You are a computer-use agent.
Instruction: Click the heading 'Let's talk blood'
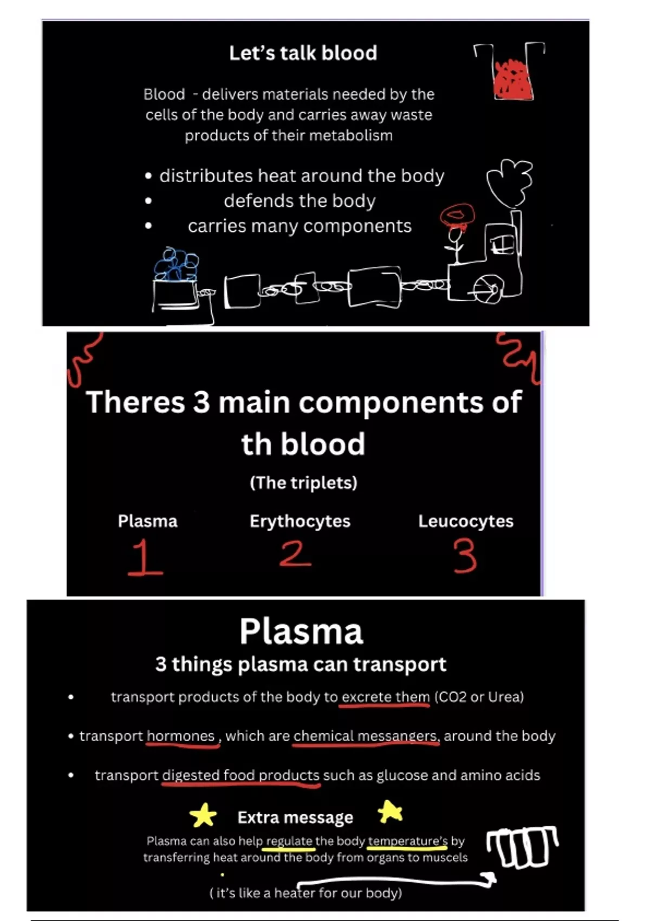(x=303, y=53)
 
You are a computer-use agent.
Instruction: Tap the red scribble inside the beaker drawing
(x=512, y=79)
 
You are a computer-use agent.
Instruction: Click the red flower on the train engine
(x=457, y=216)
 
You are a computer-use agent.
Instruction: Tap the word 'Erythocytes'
(x=300, y=521)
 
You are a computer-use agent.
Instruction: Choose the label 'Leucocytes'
(x=465, y=521)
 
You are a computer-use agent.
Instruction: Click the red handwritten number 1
(x=144, y=557)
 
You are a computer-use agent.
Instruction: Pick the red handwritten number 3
(x=465, y=557)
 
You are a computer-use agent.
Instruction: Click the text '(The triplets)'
(x=303, y=483)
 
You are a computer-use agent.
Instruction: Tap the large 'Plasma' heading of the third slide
(x=301, y=632)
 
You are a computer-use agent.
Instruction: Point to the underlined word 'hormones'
(x=181, y=736)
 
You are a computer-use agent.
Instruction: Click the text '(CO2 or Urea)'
(x=479, y=697)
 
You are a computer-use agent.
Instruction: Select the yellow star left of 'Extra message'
(x=203, y=815)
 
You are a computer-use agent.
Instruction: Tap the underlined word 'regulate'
(x=289, y=841)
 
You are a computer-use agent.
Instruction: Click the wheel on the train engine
(x=485, y=287)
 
